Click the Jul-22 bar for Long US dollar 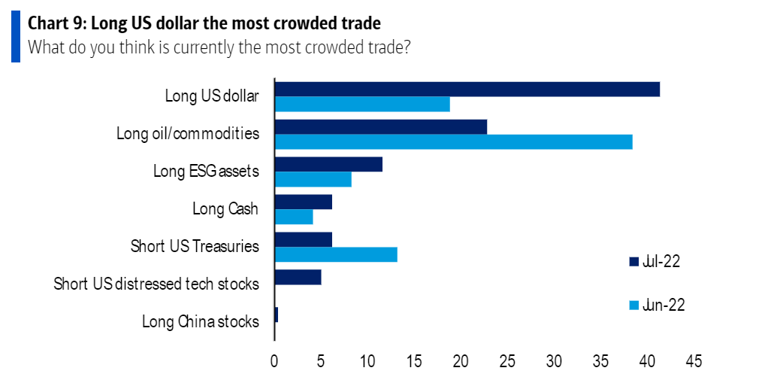click(467, 89)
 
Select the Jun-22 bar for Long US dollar click(362, 104)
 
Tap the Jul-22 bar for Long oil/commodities click(381, 126)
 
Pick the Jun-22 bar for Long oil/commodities click(454, 141)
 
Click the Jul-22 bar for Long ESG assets click(328, 164)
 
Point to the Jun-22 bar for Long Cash click(294, 217)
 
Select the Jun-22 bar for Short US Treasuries click(336, 254)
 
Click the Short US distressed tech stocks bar click(298, 277)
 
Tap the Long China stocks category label click(201, 322)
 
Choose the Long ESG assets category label click(206, 172)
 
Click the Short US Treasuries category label click(195, 246)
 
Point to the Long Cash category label click(225, 209)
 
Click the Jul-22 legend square click(633, 262)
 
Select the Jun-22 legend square click(633, 305)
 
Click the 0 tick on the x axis click(275, 362)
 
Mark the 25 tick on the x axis click(507, 362)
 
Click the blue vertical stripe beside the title click(15, 34)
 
